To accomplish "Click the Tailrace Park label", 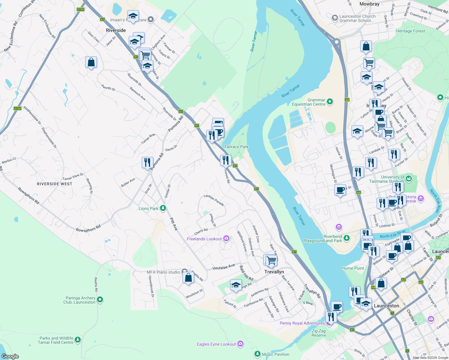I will pyautogui.click(x=236, y=147).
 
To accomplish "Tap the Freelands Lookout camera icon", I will pyautogui.click(x=226, y=238).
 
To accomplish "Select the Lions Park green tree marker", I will pyautogui.click(x=163, y=208).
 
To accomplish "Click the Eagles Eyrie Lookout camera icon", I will pyautogui.click(x=240, y=344).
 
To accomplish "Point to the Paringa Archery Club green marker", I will pyautogui.click(x=100, y=300).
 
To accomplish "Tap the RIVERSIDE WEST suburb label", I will pyautogui.click(x=54, y=184).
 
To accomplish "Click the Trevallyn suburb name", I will pyautogui.click(x=274, y=272).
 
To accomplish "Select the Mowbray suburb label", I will pyautogui.click(x=369, y=4).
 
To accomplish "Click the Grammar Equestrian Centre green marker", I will pyautogui.click(x=330, y=102).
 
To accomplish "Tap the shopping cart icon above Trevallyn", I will pyautogui.click(x=271, y=260).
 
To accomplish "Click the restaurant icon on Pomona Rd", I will pyautogui.click(x=147, y=163).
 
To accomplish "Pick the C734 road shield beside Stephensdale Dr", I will pyautogui.click(x=17, y=108).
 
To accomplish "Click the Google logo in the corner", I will pyautogui.click(x=10, y=356).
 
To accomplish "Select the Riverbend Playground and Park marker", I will pyautogui.click(x=347, y=238).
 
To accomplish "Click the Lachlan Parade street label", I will pyautogui.click(x=214, y=200).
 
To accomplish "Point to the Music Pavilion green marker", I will pyautogui.click(x=257, y=354).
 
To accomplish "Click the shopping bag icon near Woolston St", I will pyautogui.click(x=188, y=277).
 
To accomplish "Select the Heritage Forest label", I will pyautogui.click(x=410, y=31).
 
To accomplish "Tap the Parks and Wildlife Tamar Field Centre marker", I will pyautogui.click(x=78, y=340).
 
